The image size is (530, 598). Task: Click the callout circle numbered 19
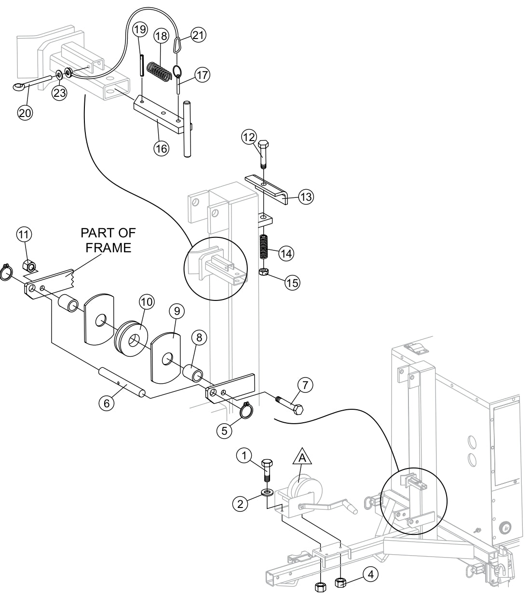click(x=139, y=29)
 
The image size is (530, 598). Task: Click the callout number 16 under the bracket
click(x=161, y=148)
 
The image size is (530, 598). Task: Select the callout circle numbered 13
click(x=306, y=196)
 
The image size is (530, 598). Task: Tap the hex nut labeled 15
click(x=264, y=273)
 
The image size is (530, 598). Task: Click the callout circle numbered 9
click(x=176, y=312)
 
